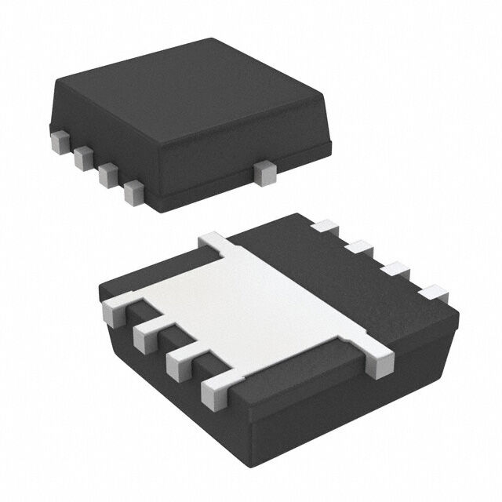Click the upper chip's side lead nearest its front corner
pyautogui.click(x=134, y=191)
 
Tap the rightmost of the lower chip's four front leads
pyautogui.click(x=216, y=390)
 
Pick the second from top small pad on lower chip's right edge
pyautogui.click(x=359, y=248)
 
